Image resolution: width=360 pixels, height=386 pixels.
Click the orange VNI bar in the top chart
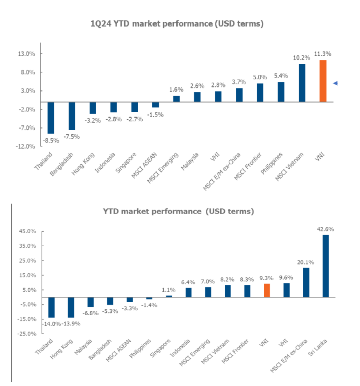pos(323,81)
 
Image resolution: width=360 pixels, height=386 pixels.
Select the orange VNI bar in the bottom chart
pos(266,291)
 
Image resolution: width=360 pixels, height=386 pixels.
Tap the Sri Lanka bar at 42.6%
pos(326,266)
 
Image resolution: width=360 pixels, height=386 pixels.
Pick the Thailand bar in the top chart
pos(51,118)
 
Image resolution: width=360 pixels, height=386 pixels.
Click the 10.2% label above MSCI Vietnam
pos(302,58)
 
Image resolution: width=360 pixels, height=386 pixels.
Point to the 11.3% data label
pos(323,54)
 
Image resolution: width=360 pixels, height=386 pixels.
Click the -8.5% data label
pos(51,141)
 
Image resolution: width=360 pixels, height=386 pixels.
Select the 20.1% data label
pos(305,263)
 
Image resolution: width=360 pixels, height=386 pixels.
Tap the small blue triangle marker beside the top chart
pos(335,83)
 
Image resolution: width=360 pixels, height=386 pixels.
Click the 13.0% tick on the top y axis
pos(26,54)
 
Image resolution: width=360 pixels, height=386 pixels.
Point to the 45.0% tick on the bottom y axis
pos(28,231)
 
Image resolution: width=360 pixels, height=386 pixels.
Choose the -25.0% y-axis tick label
pos(27,334)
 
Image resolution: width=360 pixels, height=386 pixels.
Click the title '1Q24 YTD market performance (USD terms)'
pos(177,24)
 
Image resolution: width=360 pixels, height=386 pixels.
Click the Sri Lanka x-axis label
pos(318,347)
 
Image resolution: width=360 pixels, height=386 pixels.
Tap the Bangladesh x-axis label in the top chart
pos(62,164)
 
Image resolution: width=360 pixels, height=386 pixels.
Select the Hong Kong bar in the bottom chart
pos(71,307)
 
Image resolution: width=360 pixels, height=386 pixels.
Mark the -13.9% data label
pos(71,324)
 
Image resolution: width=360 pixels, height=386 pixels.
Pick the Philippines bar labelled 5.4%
pos(281,92)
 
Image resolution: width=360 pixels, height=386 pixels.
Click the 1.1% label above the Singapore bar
pos(169,290)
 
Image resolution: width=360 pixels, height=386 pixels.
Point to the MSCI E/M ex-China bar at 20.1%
pos(306,282)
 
